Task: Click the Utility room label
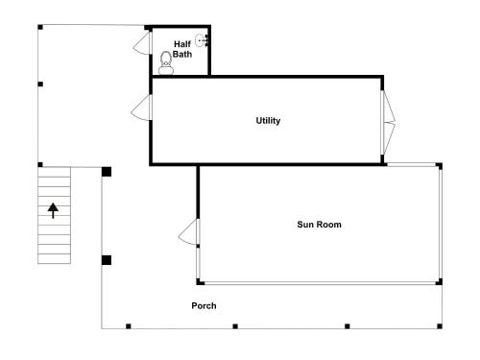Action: pyautogui.click(x=268, y=121)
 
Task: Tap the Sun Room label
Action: pyautogui.click(x=319, y=225)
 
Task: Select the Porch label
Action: pyautogui.click(x=204, y=305)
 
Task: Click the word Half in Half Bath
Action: pyautogui.click(x=182, y=44)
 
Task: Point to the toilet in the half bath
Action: pyautogui.click(x=166, y=63)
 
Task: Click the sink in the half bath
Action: pyautogui.click(x=202, y=40)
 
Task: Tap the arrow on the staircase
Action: pyautogui.click(x=53, y=210)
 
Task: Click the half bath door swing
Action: pyautogui.click(x=141, y=42)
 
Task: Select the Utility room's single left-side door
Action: pyautogui.click(x=140, y=108)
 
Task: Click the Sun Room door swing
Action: pyautogui.click(x=188, y=232)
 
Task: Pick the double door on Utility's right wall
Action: pyautogui.click(x=388, y=122)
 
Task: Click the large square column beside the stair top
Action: pyautogui.click(x=107, y=172)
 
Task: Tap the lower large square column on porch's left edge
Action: pyautogui.click(x=107, y=260)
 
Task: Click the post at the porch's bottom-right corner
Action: pyautogui.click(x=440, y=326)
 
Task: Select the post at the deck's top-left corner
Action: pyautogui.click(x=40, y=27)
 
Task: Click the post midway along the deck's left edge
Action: pyautogui.click(x=40, y=84)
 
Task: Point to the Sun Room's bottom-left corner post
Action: pyautogui.click(x=200, y=281)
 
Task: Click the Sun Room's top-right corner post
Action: pyautogui.click(x=439, y=166)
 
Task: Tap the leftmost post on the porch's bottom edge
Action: pyautogui.click(x=129, y=326)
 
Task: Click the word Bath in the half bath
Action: pyautogui.click(x=182, y=54)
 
